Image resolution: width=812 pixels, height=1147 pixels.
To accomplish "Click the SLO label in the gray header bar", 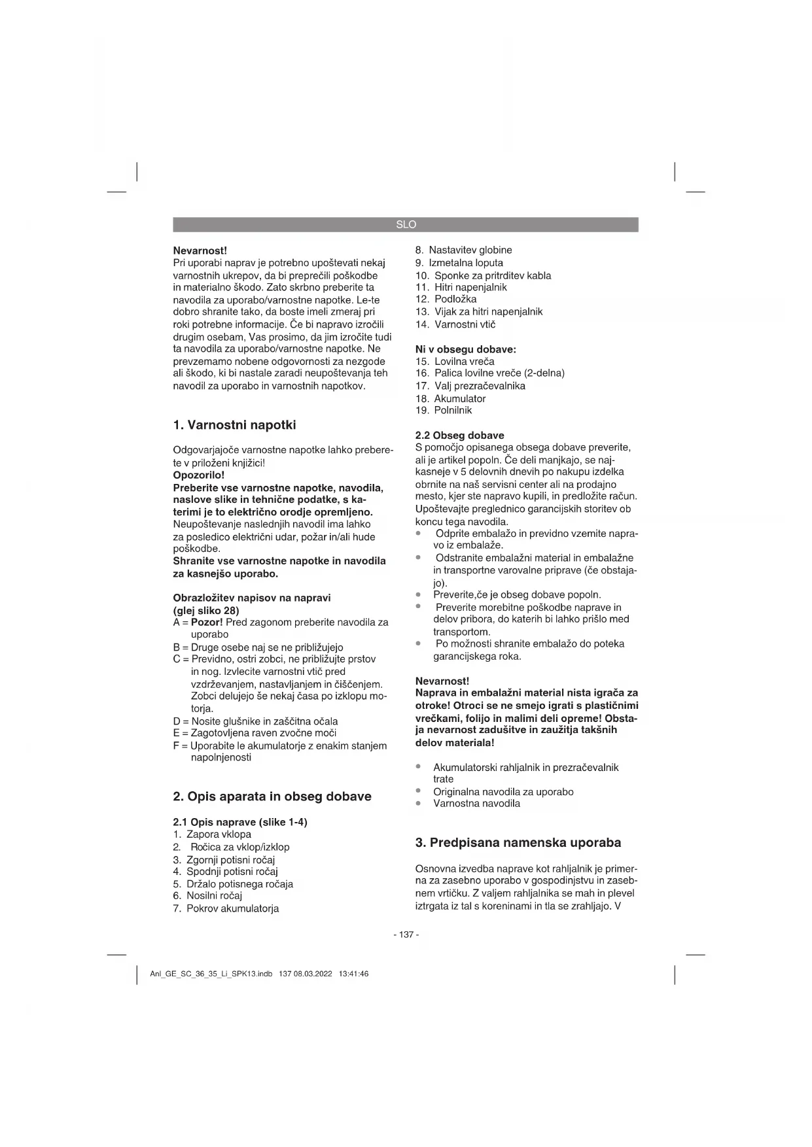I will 406,224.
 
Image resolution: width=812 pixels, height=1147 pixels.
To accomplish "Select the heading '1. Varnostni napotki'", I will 234,425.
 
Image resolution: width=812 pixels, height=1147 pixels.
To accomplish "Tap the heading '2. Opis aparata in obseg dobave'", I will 272,796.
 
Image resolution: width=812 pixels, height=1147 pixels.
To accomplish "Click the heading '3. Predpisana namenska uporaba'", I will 518,842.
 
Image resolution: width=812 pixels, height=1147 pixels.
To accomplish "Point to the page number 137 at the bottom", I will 406,934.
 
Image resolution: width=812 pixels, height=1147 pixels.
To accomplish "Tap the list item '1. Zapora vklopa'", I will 212,834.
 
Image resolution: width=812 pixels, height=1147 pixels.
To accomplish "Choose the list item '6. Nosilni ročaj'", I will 207,896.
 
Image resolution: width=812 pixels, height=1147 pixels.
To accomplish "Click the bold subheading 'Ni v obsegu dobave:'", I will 465,349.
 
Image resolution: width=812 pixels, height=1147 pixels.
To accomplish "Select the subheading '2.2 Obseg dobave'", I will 459,436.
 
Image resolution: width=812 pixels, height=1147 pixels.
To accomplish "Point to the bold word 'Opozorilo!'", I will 198,475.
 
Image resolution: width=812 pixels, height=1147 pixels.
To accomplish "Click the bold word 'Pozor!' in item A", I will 207,622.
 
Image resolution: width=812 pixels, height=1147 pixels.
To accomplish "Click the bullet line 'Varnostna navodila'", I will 476,804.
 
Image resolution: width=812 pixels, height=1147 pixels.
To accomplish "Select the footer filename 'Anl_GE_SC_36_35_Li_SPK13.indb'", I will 211,974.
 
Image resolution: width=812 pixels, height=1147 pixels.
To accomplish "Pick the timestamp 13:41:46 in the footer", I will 353,974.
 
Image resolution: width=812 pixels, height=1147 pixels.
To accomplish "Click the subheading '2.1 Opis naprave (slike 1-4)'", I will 239,822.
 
